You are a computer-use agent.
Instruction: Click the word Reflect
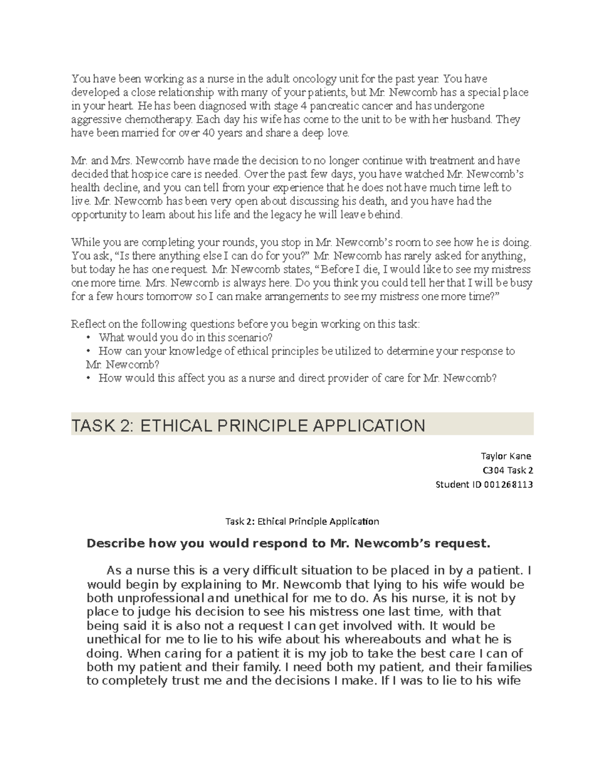pos(87,324)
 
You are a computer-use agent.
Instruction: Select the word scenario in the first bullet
pos(252,337)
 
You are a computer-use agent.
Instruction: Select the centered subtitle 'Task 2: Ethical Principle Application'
pos(302,521)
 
